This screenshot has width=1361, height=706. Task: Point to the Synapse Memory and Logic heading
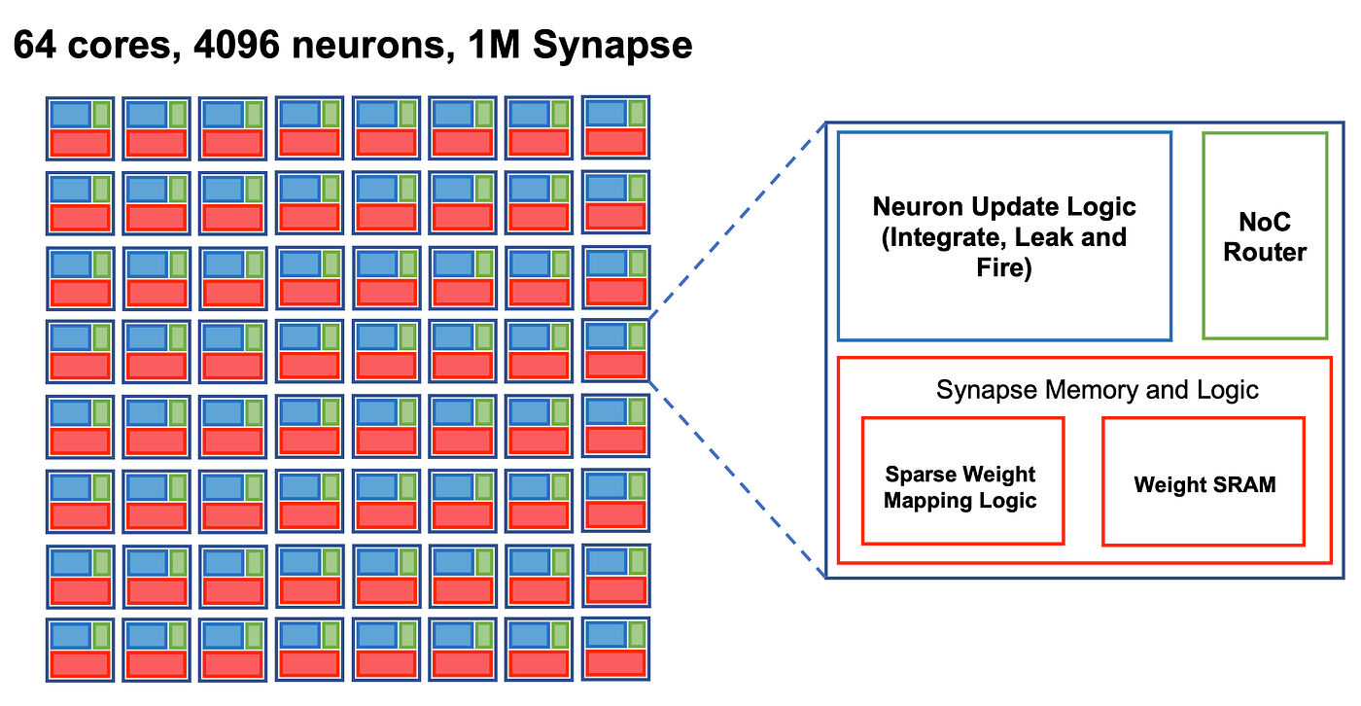click(x=1097, y=390)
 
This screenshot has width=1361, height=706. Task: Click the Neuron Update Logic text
click(x=1003, y=207)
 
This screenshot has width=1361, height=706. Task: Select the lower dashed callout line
click(x=737, y=477)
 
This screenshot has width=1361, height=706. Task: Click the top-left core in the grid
click(x=80, y=128)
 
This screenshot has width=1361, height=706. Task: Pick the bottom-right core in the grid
click(x=615, y=650)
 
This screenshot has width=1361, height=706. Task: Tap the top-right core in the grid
click(x=615, y=127)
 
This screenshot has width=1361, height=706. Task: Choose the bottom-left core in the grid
click(x=80, y=650)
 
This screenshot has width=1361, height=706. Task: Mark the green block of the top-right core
click(x=637, y=113)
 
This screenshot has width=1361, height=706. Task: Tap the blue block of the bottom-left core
click(x=69, y=635)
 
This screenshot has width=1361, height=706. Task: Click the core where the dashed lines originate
click(x=615, y=350)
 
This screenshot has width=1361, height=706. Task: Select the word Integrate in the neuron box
click(x=937, y=237)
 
